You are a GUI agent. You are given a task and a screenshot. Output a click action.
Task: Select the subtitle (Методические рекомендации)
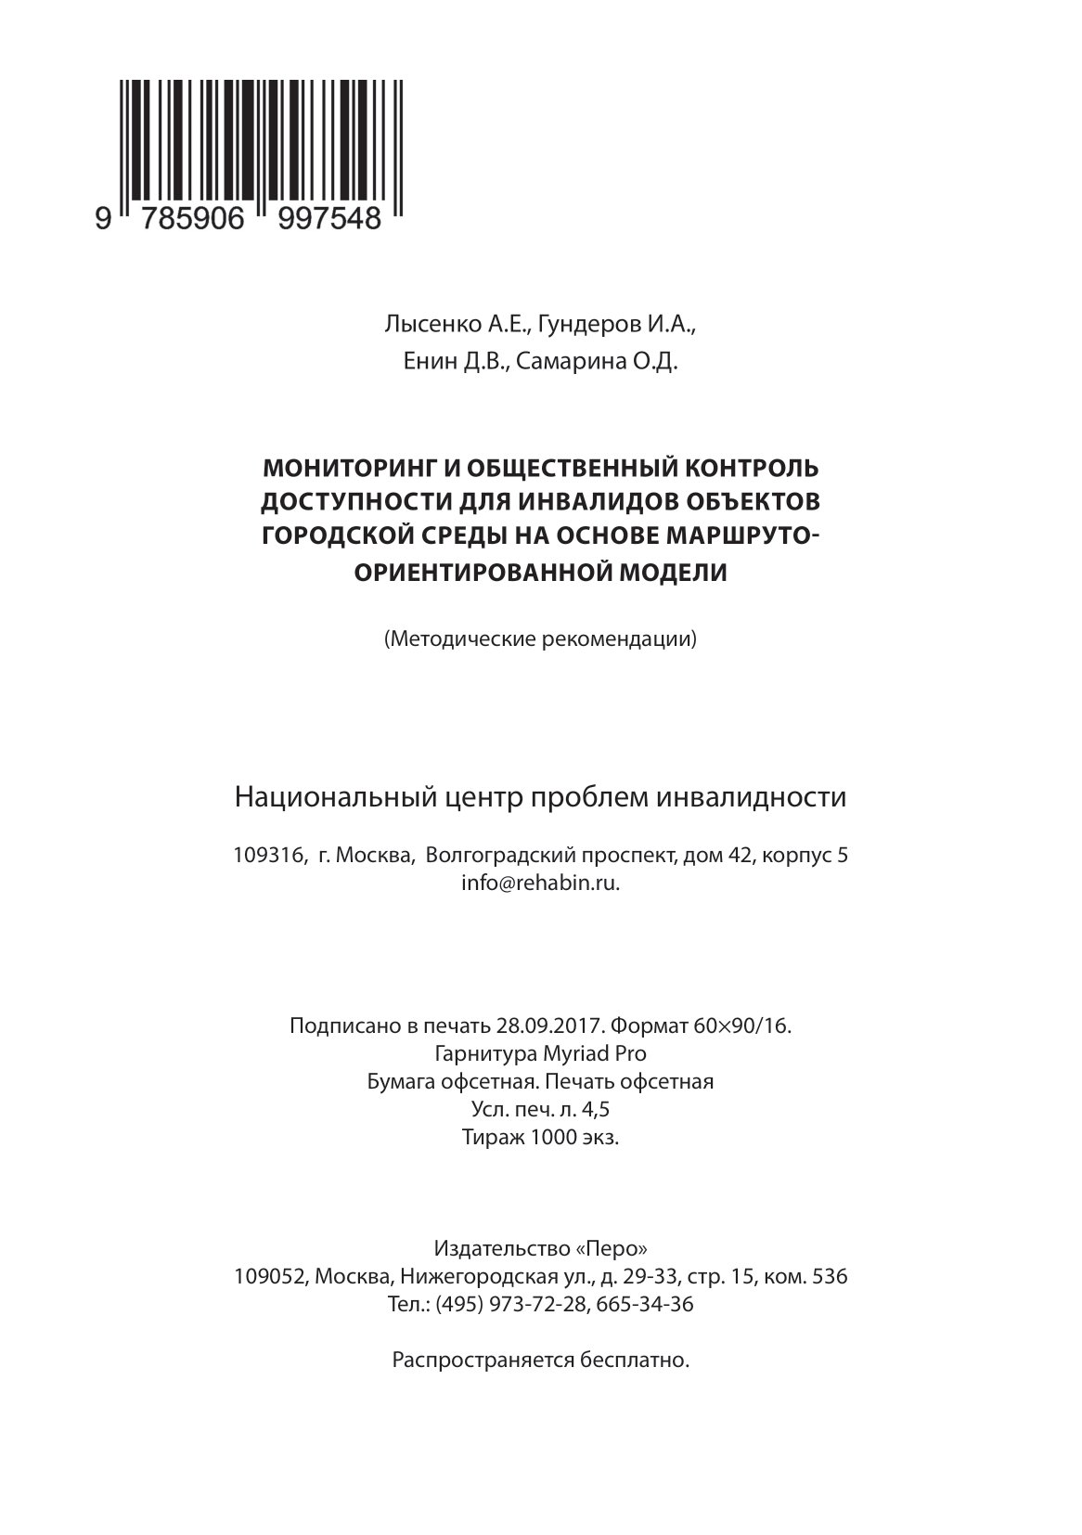click(540, 639)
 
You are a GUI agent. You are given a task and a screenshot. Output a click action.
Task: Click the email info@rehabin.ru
click(540, 884)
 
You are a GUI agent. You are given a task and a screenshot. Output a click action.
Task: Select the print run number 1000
click(553, 1137)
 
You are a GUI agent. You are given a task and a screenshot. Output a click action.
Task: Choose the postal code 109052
click(270, 1276)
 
